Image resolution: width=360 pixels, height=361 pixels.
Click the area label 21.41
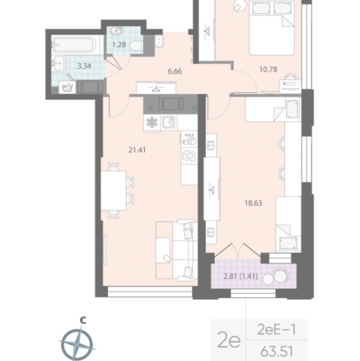[137, 150]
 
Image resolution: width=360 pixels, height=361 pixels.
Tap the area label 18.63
[253, 203]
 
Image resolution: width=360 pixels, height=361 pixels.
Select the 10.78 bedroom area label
[268, 69]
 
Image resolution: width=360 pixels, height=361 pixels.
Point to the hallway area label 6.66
[175, 71]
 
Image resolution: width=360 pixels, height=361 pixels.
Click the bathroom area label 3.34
[84, 66]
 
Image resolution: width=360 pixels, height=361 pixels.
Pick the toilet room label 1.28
[119, 45]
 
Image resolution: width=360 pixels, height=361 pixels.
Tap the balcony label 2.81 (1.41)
[241, 276]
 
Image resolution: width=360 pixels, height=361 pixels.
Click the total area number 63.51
[277, 352]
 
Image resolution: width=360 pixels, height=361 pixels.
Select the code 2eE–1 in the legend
[276, 329]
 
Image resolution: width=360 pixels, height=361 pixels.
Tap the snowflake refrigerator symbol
[152, 123]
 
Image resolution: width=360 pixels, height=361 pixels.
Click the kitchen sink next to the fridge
[169, 122]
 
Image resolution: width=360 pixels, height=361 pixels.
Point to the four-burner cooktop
[190, 155]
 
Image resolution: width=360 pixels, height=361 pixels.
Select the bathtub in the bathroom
[75, 44]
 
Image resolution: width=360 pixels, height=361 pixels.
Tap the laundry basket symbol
[67, 87]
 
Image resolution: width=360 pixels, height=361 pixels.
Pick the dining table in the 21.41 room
[113, 191]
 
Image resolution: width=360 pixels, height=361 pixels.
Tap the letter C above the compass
[83, 320]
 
